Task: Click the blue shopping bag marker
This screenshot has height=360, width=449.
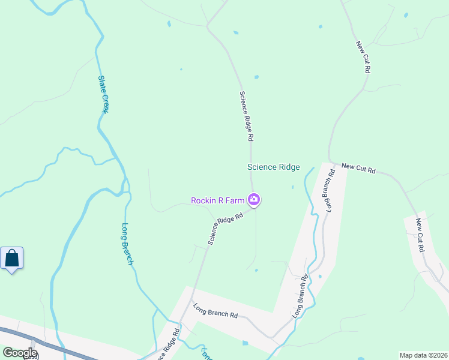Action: pyautogui.click(x=12, y=259)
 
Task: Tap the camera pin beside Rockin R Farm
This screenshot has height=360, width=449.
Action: pyautogui.click(x=254, y=200)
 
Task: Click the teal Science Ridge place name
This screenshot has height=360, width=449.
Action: pyautogui.click(x=273, y=167)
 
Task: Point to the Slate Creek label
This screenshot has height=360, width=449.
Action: pyautogui.click(x=103, y=95)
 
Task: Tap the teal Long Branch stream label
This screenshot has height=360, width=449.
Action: pyautogui.click(x=127, y=244)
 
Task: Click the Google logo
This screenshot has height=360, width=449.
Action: pyautogui.click(x=20, y=353)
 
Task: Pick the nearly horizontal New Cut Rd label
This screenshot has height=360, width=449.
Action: pyautogui.click(x=358, y=169)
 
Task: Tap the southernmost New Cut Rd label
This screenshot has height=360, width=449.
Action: pyautogui.click(x=421, y=235)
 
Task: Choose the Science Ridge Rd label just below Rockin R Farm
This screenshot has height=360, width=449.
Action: pyautogui.click(x=225, y=227)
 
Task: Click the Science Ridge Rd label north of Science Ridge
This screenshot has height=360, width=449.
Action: pyautogui.click(x=246, y=116)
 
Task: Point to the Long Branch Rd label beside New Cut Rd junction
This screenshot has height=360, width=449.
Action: pyautogui.click(x=329, y=191)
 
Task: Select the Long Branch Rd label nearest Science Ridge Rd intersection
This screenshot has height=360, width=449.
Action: pyautogui.click(x=215, y=314)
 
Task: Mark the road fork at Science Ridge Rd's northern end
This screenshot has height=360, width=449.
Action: pyautogui.click(x=208, y=25)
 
